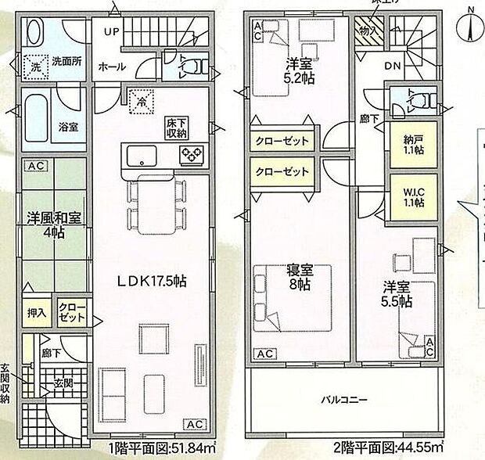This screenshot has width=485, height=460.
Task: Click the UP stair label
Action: [x=111, y=32]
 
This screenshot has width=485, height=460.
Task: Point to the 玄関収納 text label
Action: [x=6, y=383]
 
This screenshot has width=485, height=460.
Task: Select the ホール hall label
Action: [x=111, y=67]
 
